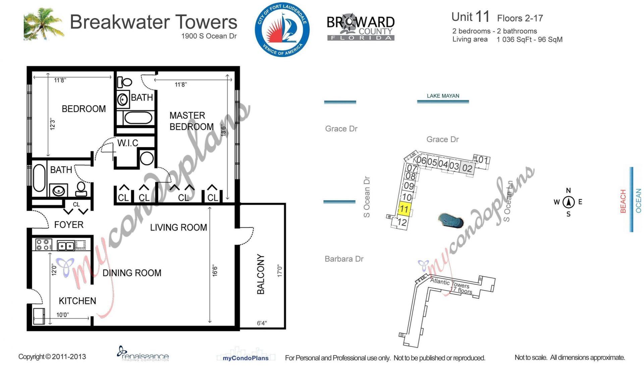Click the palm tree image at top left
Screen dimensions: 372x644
point(44,24)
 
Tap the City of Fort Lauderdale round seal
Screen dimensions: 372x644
point(282,30)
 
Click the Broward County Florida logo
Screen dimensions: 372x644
point(361,28)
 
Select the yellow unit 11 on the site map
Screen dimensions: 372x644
point(404,209)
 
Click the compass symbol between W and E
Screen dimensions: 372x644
point(568,202)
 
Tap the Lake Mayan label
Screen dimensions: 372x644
point(443,96)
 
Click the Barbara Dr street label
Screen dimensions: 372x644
point(344,259)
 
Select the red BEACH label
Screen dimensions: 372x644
point(623,201)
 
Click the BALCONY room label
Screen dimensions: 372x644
point(261,274)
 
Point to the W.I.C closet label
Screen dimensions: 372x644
point(128,143)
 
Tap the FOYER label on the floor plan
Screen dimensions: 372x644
point(69,225)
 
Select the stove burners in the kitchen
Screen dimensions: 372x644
point(43,244)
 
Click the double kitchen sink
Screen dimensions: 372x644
point(66,246)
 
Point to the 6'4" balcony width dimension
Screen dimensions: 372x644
point(262,323)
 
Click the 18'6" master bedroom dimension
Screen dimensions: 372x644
point(224,130)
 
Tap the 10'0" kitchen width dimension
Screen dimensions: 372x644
point(62,315)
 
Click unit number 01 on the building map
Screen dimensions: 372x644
point(483,160)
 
